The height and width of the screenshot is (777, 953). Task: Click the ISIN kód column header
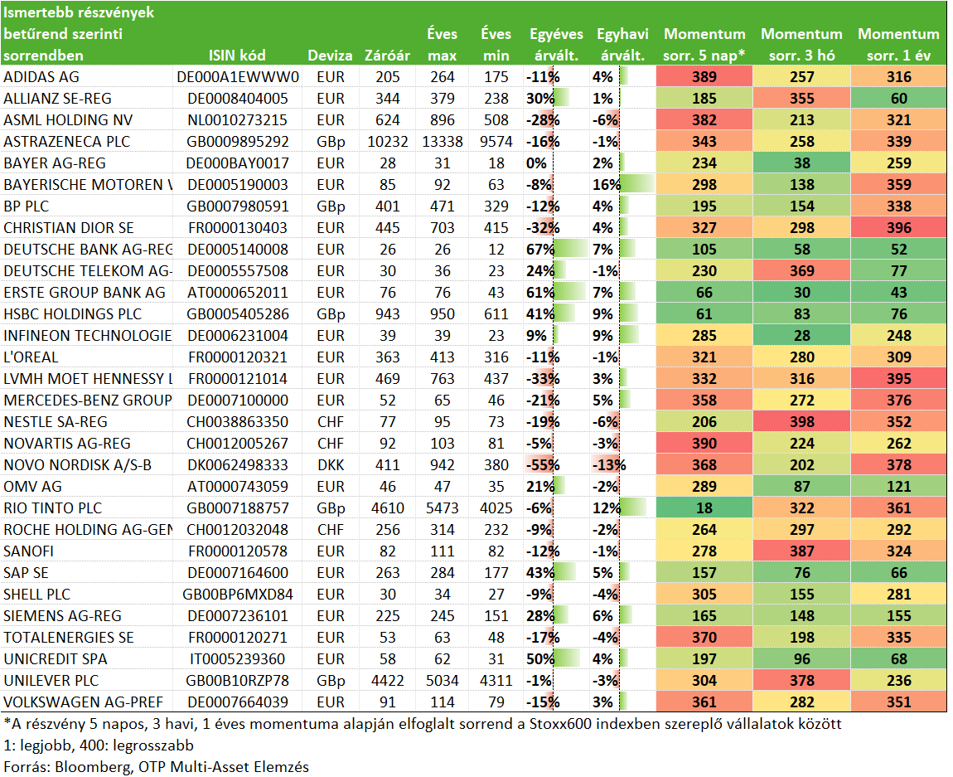[x=237, y=56]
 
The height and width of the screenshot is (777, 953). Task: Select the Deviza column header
[x=330, y=56]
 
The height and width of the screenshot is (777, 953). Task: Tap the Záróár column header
[x=387, y=56]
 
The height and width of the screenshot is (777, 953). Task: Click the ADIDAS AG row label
[x=41, y=77]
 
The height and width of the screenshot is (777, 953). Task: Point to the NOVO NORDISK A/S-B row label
[x=77, y=465]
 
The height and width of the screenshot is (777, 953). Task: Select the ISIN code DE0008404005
[x=237, y=99]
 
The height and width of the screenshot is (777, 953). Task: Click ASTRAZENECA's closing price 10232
[x=388, y=142]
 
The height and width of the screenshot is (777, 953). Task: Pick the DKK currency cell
[x=331, y=465]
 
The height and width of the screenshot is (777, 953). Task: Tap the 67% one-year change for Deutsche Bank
[x=540, y=250]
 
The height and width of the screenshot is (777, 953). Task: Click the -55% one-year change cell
[x=543, y=465]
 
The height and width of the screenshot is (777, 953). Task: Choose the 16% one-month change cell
[x=607, y=185]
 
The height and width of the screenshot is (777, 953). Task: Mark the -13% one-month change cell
[x=609, y=465]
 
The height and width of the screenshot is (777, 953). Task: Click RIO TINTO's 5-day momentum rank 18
[x=704, y=508]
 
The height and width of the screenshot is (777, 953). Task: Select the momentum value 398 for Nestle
[x=801, y=422]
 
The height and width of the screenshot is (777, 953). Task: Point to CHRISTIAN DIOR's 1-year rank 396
[x=899, y=228]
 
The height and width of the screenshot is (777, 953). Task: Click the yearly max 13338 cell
[x=443, y=142]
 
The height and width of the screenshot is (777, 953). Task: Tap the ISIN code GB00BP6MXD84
[x=238, y=595]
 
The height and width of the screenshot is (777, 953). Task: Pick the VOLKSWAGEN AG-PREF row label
[x=83, y=702]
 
